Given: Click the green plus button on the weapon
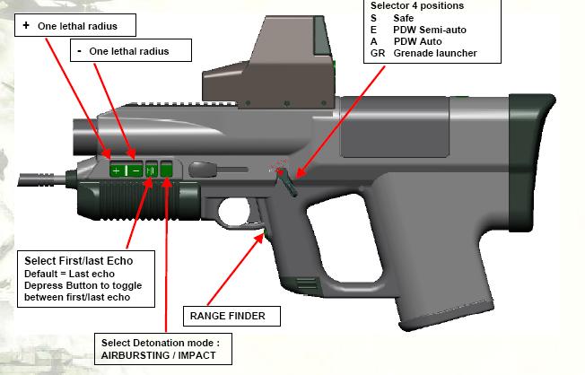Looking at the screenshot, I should pyautogui.click(x=115, y=170).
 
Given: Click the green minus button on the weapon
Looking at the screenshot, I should pyautogui.click(x=135, y=170).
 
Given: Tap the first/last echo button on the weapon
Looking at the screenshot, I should pyautogui.click(x=151, y=170).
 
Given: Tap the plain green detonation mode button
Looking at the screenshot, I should pyautogui.click(x=166, y=170).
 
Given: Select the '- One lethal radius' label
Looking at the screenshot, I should pyautogui.click(x=135, y=51).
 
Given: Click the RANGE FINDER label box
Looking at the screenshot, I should pyautogui.click(x=227, y=316).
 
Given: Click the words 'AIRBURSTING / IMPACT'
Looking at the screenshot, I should pyautogui.click(x=159, y=355).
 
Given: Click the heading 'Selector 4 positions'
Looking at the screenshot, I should pyautogui.click(x=416, y=6).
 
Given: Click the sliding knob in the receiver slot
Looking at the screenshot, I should pyautogui.click(x=229, y=168).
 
